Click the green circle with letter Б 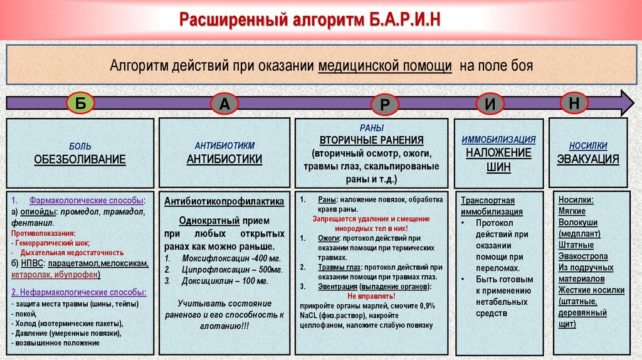click(81, 103)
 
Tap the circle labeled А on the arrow click(224, 105)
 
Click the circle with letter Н click(574, 103)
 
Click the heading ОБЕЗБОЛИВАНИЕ click(80, 159)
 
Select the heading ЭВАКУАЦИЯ click(588, 159)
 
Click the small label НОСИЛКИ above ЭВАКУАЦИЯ click(588, 146)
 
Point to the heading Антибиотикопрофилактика click(224, 201)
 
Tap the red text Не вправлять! click(372, 295)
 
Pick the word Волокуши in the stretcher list click(577, 223)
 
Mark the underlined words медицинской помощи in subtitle click(385, 66)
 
